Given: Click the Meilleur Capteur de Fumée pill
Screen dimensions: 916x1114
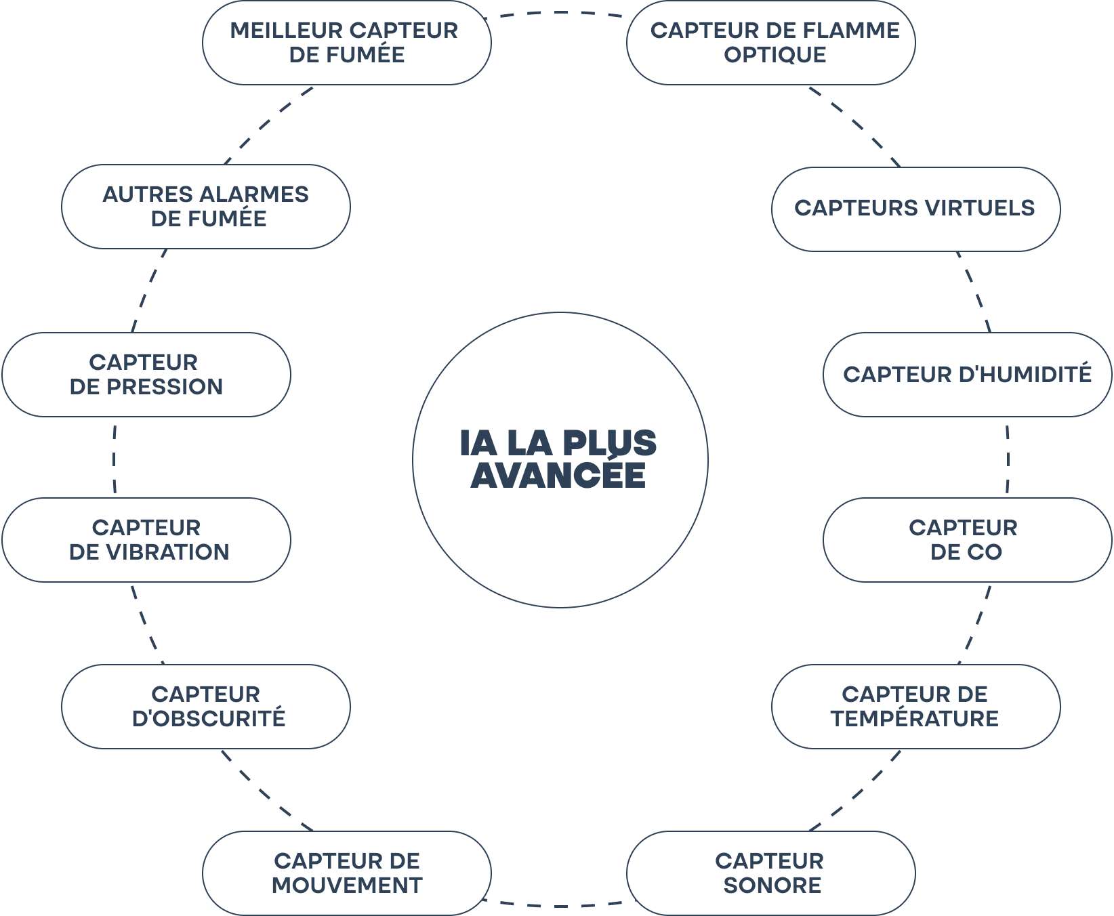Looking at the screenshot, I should pos(346,43).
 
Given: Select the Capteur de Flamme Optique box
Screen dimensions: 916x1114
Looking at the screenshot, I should pos(770,43).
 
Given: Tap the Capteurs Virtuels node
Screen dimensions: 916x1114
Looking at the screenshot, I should pos(915,209).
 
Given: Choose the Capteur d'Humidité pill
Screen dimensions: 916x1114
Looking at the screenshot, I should pos(967,375).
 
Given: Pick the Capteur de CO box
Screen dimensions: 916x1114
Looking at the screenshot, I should pos(967,540).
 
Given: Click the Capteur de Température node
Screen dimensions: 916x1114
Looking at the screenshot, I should pos(915,707).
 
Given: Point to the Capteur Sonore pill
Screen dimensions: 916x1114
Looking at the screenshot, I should pos(770,873).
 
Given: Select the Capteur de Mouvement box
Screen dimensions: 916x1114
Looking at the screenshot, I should pos(346,873).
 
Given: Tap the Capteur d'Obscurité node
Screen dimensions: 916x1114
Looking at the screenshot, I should pos(206,707).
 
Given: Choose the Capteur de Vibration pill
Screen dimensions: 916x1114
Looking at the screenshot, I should pos(146,540).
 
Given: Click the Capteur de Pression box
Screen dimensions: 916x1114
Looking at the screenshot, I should pos(146,375).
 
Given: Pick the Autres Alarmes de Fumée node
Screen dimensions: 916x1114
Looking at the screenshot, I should pos(206,207).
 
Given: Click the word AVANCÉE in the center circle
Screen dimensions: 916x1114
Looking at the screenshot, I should pos(558,475).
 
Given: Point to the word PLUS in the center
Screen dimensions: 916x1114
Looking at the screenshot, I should pos(609,444).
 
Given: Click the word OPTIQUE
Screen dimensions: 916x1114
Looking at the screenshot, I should pos(775,55).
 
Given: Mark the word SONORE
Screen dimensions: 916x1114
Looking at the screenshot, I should pos(772,886).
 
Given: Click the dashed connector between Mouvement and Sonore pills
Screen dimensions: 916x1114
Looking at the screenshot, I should pos(559,905).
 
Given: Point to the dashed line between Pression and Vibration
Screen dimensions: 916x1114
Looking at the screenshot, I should pos(114,458).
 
